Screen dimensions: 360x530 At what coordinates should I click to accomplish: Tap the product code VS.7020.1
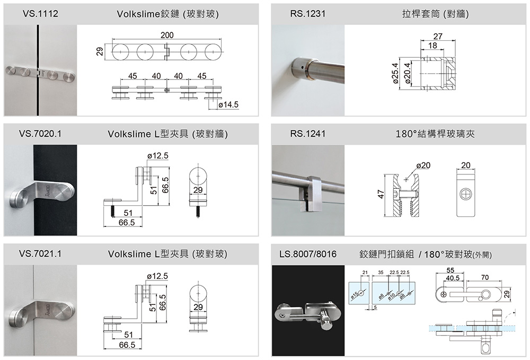coord(40,134)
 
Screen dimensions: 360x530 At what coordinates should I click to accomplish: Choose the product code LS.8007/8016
coord(307,254)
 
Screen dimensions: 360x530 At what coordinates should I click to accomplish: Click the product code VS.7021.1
coord(40,254)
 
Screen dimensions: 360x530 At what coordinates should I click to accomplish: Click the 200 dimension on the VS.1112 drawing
coord(167,36)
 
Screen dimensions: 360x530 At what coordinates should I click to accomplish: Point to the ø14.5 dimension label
coord(228,105)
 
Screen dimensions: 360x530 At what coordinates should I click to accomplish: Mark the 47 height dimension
coord(381,194)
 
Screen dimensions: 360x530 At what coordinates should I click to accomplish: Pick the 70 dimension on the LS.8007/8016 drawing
coord(485,277)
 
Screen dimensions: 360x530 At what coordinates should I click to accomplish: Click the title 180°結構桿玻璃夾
coord(435,134)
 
